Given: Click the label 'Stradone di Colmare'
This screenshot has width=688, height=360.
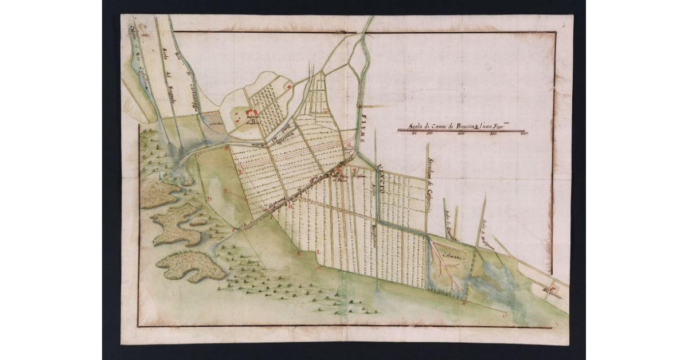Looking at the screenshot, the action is tap(429, 183).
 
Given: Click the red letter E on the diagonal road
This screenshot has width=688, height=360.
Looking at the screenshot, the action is tap(233, 230).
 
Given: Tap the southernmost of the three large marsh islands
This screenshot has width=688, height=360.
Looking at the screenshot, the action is tap(189, 266).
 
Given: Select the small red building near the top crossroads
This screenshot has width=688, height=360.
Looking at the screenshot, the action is tap(290, 87).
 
